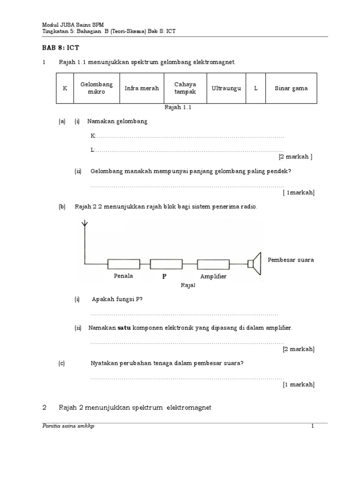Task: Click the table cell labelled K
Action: pos(65,88)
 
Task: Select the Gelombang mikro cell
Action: pos(97,88)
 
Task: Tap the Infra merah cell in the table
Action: pos(142,88)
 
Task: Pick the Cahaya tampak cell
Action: pos(185,88)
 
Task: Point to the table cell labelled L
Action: pos(256,88)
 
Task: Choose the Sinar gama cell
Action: pos(294,88)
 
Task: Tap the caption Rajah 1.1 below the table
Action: pos(178,107)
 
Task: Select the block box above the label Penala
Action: pos(123,264)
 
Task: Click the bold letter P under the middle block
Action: pos(165,277)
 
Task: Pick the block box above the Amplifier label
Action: pos(213,264)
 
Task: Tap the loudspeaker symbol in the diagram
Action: pos(254,264)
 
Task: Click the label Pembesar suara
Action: pos(291,260)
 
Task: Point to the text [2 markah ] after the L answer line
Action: pos(295,157)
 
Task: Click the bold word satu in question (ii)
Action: pos(123,328)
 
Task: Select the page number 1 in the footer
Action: pos(312,426)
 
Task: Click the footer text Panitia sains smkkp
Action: pos(68,426)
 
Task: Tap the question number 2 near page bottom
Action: pos(44,408)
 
